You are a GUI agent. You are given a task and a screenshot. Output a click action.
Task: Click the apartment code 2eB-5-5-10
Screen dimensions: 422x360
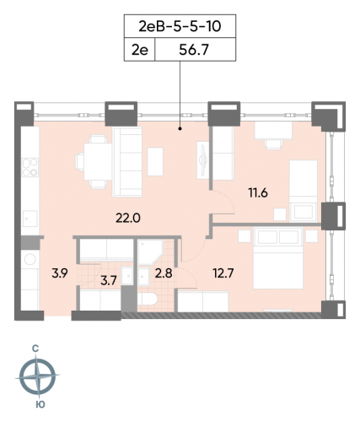(180, 26)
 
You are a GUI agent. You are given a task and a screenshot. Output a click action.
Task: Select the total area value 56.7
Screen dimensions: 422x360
(195, 51)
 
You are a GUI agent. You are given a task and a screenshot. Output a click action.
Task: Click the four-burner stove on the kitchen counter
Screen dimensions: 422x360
(30, 167)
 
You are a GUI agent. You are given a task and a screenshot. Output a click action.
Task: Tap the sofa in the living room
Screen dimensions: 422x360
(130, 160)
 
